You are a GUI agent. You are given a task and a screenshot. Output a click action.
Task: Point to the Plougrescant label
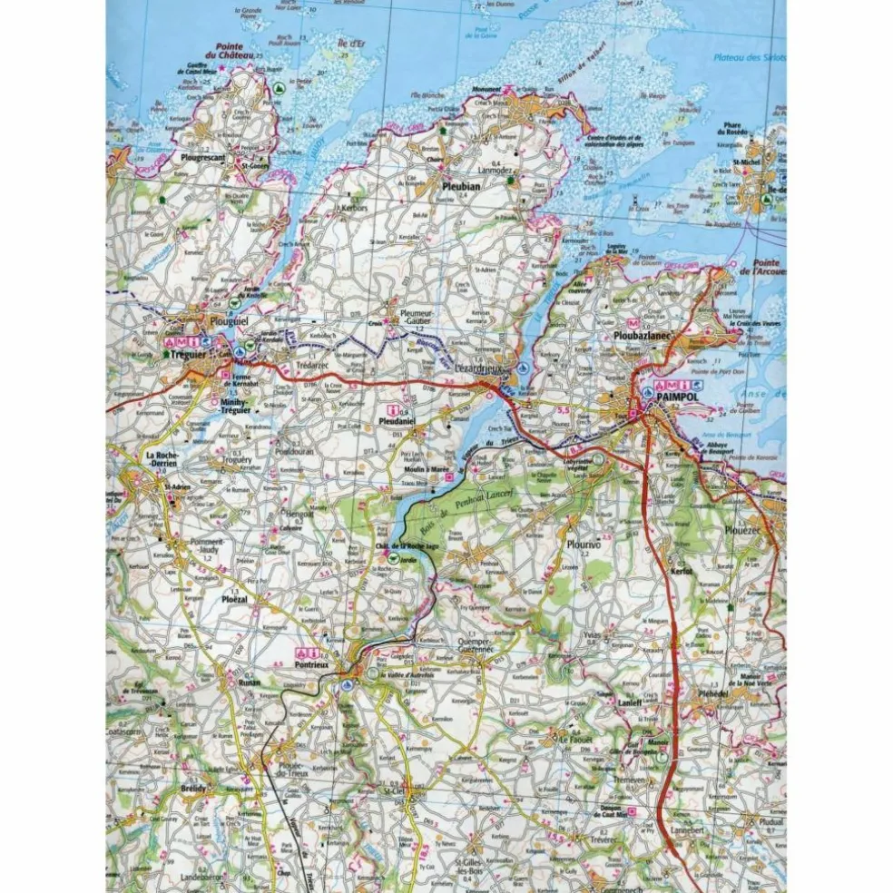coord(202,157)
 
